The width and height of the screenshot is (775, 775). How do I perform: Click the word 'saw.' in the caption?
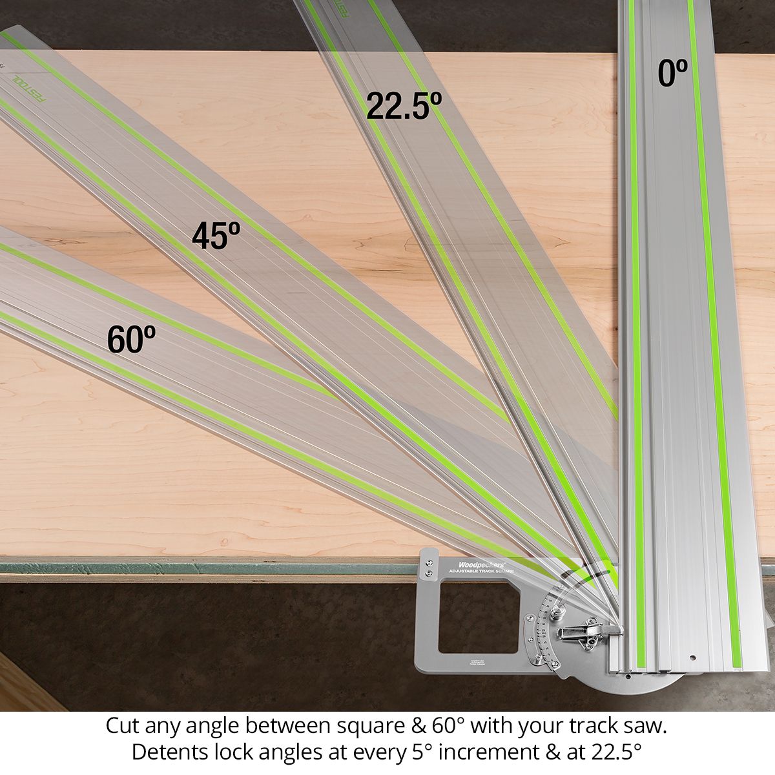click(645, 726)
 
